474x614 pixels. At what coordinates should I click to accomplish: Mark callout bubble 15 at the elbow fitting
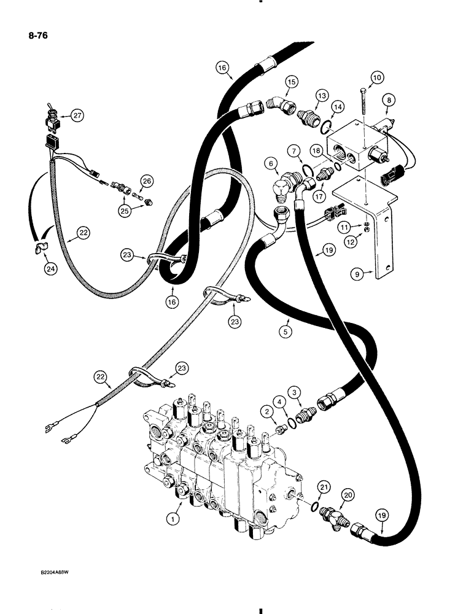click(290, 82)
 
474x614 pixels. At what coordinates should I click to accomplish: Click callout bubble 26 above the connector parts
click(146, 181)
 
